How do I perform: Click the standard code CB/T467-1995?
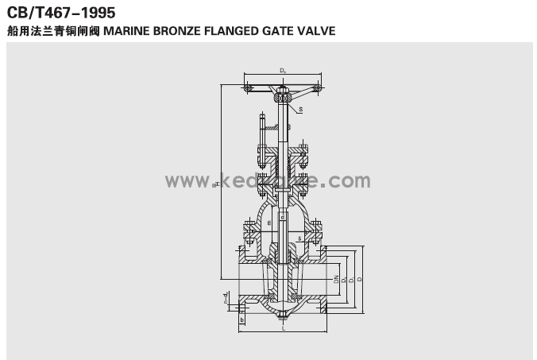tap(60, 13)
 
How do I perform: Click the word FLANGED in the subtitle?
tap(234, 32)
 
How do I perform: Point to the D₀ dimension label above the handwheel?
tap(284, 72)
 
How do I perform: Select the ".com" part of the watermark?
tap(345, 181)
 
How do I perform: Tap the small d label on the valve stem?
tap(282, 216)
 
